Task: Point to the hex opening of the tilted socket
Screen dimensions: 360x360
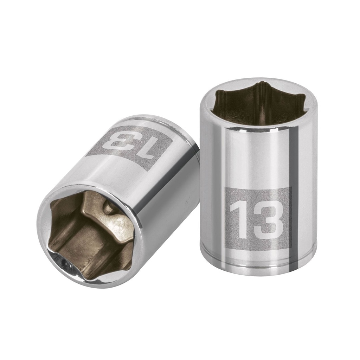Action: pos(90,235)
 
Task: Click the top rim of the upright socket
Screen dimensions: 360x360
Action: pos(259,83)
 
